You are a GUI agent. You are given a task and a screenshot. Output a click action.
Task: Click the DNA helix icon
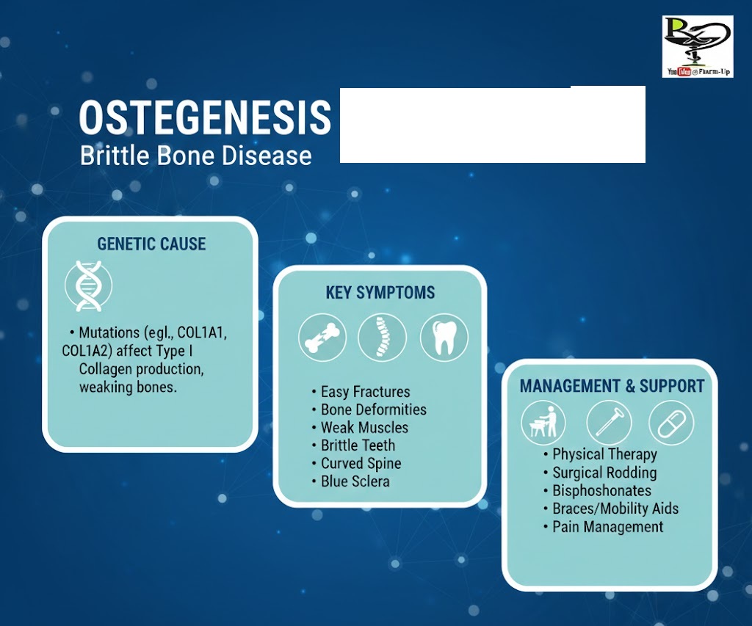pyautogui.click(x=88, y=286)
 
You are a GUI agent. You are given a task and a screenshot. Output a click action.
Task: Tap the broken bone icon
pyautogui.click(x=322, y=337)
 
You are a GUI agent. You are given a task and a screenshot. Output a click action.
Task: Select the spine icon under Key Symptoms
pyautogui.click(x=382, y=337)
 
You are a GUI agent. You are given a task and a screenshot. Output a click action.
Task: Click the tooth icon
pyautogui.click(x=444, y=337)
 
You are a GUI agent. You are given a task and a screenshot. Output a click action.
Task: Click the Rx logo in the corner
pyautogui.click(x=698, y=46)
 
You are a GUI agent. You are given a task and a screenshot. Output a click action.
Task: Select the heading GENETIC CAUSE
pyautogui.click(x=151, y=244)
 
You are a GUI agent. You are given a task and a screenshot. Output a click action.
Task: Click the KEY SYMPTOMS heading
pyautogui.click(x=380, y=292)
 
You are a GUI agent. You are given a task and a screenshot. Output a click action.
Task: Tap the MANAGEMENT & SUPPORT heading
pyautogui.click(x=612, y=386)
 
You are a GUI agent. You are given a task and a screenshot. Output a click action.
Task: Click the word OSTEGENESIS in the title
pyautogui.click(x=206, y=117)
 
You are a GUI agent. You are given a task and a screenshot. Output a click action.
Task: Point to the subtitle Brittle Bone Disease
pyautogui.click(x=195, y=156)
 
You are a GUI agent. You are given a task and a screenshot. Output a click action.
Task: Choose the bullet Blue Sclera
pyautogui.click(x=355, y=481)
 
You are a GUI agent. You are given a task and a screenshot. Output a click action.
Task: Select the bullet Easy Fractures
pyautogui.click(x=366, y=392)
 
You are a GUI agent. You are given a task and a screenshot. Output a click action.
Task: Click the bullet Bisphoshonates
pyautogui.click(x=602, y=490)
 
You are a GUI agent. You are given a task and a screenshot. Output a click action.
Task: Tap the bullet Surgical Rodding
pyautogui.click(x=605, y=473)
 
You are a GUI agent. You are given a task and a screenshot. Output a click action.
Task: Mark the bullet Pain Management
pyautogui.click(x=607, y=527)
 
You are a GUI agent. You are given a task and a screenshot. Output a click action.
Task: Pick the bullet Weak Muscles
pyautogui.click(x=364, y=428)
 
